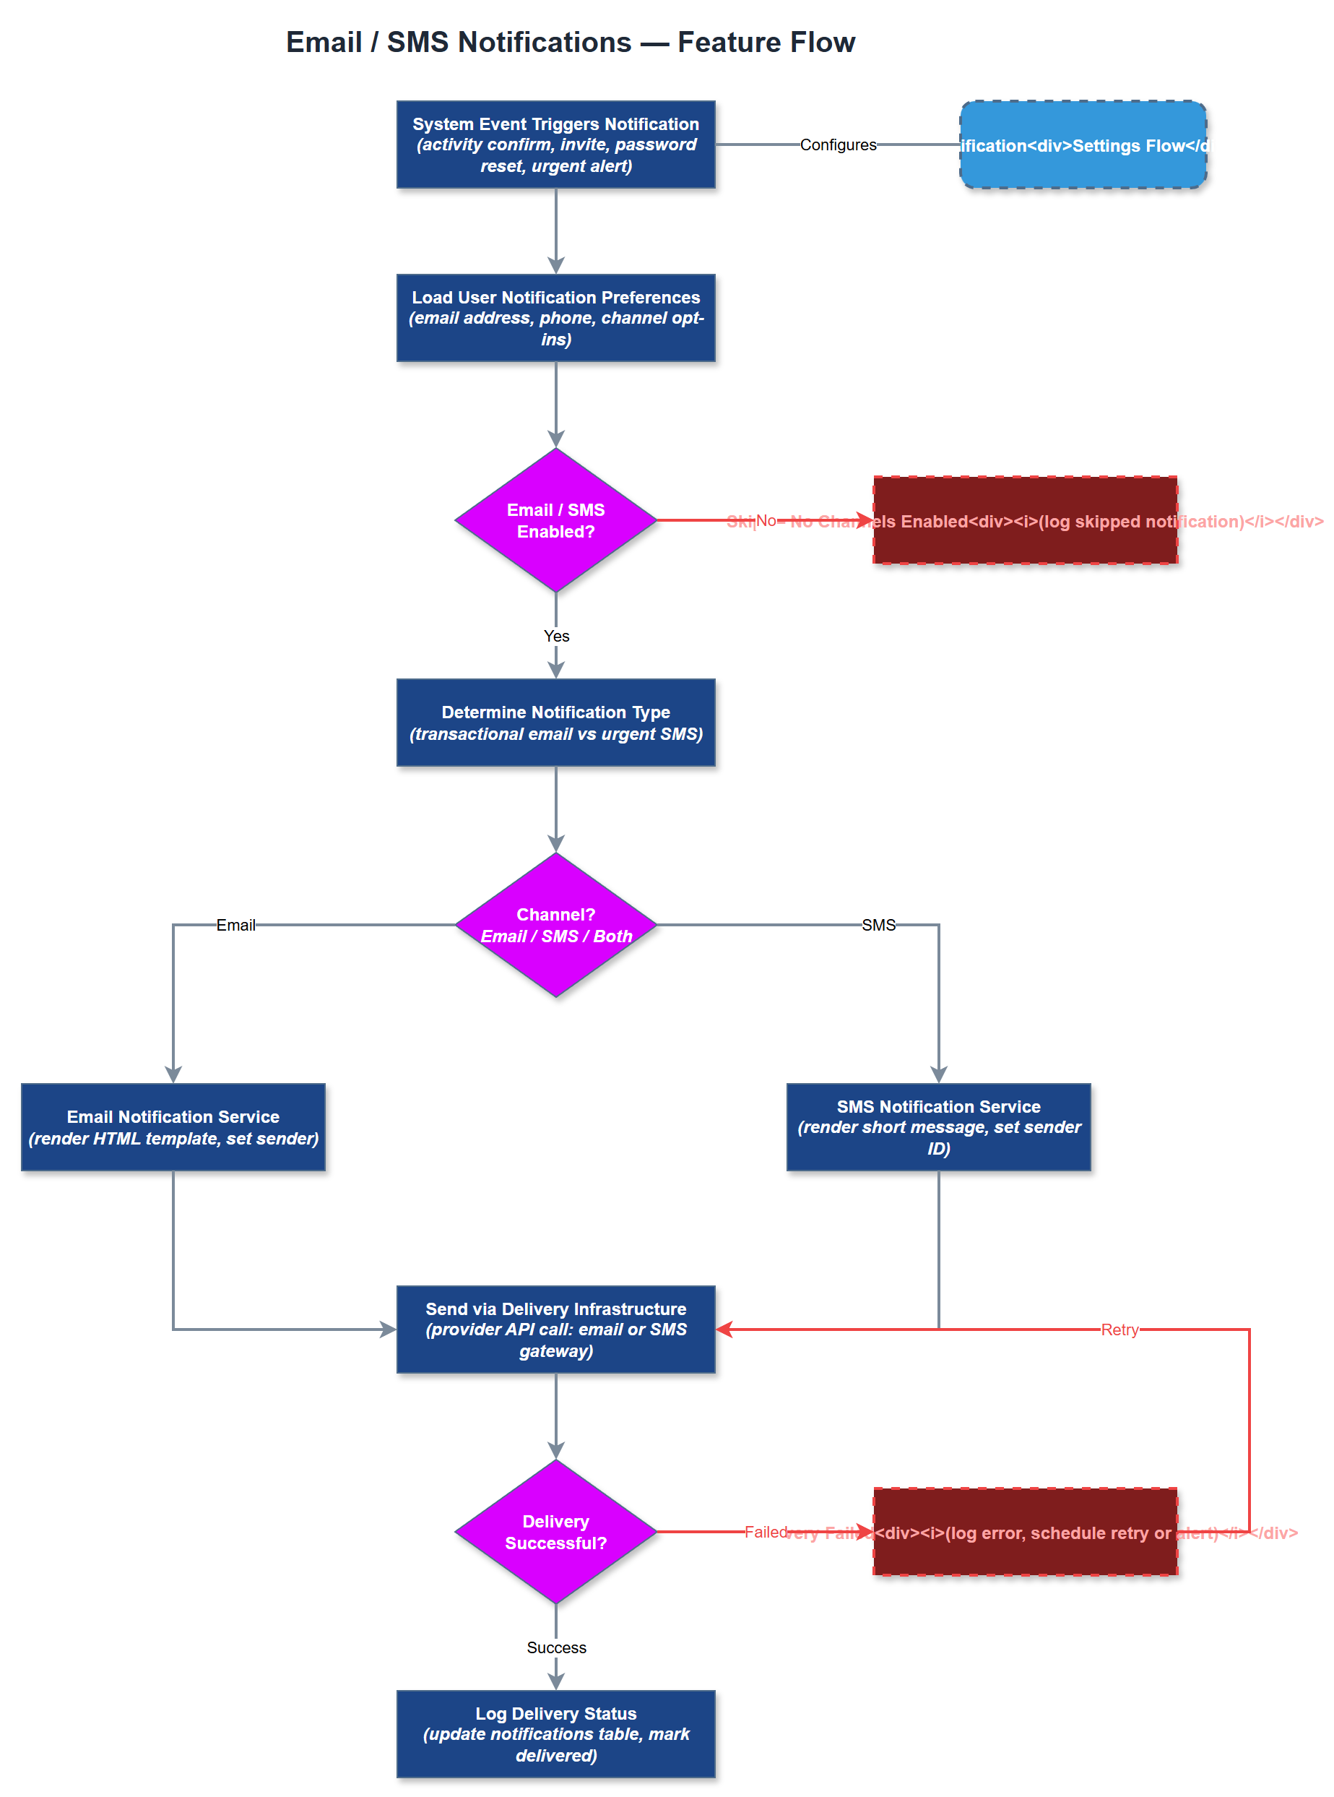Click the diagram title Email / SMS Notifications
tap(570, 42)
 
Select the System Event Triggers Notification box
tap(555, 145)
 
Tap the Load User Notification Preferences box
tap(555, 318)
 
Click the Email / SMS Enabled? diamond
tap(555, 520)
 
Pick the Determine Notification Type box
tap(555, 723)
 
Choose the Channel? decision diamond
tap(555, 925)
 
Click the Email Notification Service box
tap(173, 1126)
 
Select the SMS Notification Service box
tap(938, 1126)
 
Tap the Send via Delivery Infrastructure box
tap(555, 1330)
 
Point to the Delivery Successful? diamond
tap(555, 1531)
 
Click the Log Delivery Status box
tap(555, 1734)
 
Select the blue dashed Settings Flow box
tap(1083, 145)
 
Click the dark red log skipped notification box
tap(1025, 541)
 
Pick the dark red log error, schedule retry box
tap(1025, 1555)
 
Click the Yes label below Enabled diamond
tap(555, 636)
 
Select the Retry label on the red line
tap(1119, 1330)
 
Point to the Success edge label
tap(555, 1647)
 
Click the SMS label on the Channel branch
tap(878, 925)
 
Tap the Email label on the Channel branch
tap(235, 925)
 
